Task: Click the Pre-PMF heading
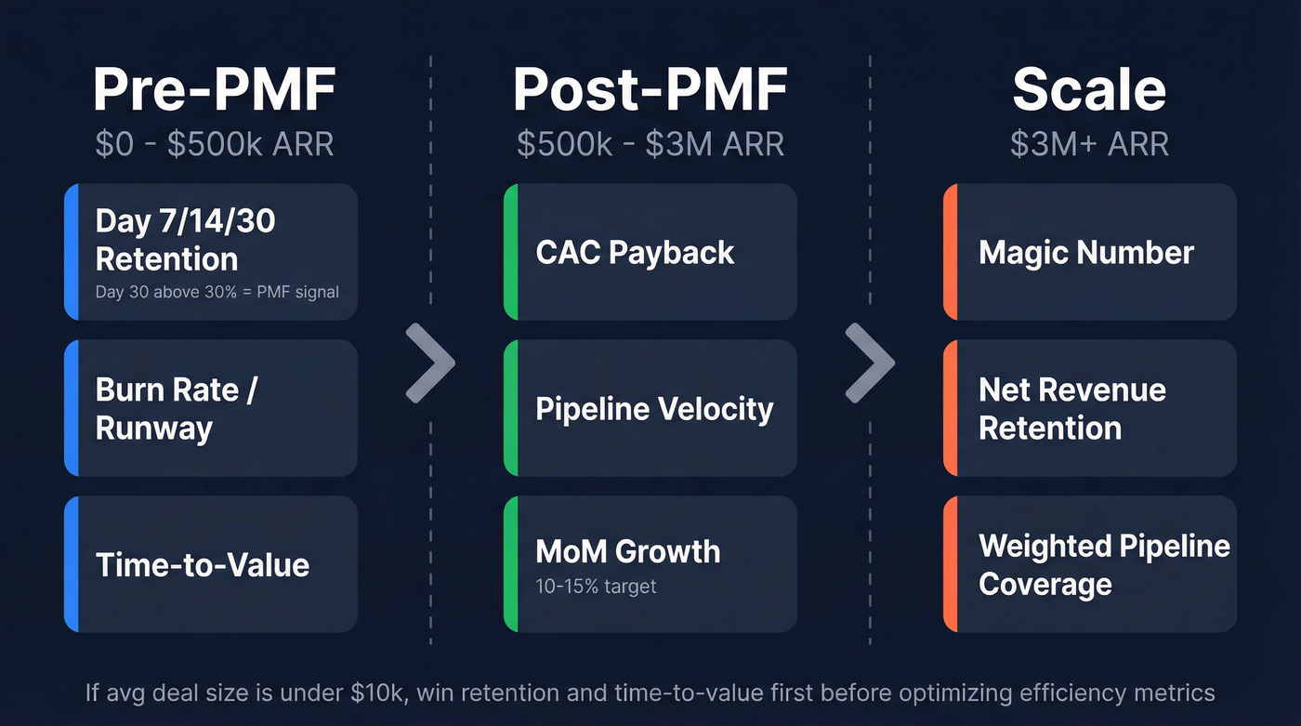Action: tap(214, 90)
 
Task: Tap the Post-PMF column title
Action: tap(650, 90)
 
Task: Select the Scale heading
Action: tap(1089, 90)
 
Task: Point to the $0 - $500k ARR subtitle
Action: tap(214, 145)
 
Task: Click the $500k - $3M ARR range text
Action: tap(650, 145)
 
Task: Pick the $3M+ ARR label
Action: tap(1089, 145)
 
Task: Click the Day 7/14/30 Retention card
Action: tap(211, 241)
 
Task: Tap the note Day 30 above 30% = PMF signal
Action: tap(217, 292)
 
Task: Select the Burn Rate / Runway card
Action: tap(211, 409)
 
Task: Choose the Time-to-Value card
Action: tap(211, 564)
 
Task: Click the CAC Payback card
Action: tap(650, 253)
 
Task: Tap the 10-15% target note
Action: tap(596, 587)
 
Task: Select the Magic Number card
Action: tap(1089, 253)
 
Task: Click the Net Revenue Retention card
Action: tap(1089, 409)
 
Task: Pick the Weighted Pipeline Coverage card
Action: tap(1089, 564)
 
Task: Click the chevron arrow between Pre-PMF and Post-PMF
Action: tap(431, 363)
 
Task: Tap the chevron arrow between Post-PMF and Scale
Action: tap(871, 363)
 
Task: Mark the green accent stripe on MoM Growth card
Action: tap(510, 564)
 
